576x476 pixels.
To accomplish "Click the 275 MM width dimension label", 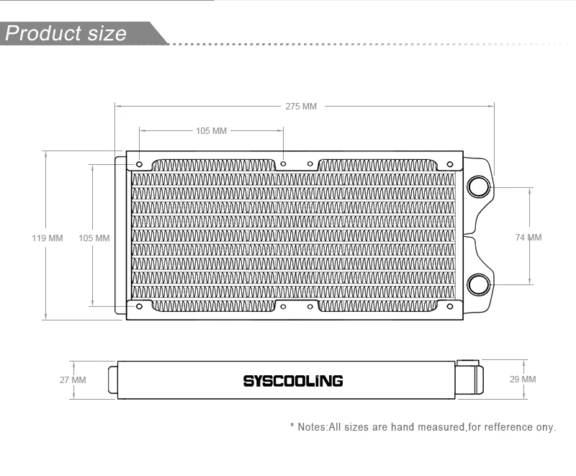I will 300,107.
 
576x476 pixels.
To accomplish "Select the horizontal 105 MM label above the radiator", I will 211,131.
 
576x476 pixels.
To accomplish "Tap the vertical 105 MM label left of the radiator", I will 94,238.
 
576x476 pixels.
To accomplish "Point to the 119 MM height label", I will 48,238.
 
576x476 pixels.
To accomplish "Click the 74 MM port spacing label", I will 528,238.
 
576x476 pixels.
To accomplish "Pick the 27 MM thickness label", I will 73,380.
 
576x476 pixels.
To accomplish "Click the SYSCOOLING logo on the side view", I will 292,380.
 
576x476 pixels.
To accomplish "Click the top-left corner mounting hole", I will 139,165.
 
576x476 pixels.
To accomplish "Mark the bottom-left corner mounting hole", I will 139,306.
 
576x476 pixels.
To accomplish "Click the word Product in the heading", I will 42,34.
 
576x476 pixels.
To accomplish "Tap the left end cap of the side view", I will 112,380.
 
